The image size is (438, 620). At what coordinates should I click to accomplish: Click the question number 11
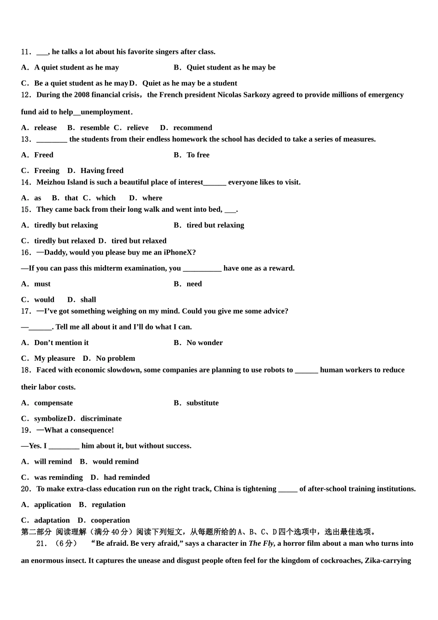click(26, 52)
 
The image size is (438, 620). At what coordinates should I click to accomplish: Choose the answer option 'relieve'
click(138, 128)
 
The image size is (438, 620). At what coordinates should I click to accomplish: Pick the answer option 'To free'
click(198, 155)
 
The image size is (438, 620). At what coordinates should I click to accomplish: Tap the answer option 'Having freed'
click(102, 171)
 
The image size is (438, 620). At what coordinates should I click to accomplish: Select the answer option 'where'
click(152, 198)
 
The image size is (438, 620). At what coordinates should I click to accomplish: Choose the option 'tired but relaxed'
click(139, 241)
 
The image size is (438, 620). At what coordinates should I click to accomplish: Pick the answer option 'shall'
click(88, 300)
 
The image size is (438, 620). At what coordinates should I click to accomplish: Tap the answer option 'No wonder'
click(204, 343)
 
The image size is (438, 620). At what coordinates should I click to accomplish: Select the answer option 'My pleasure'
click(54, 358)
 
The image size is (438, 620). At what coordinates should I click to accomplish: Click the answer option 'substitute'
click(202, 403)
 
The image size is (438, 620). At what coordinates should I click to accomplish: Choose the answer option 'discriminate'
click(101, 419)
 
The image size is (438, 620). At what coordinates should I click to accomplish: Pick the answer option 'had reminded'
click(126, 477)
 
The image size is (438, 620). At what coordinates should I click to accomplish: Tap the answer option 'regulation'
click(108, 505)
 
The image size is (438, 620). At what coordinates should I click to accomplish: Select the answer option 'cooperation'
click(110, 520)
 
